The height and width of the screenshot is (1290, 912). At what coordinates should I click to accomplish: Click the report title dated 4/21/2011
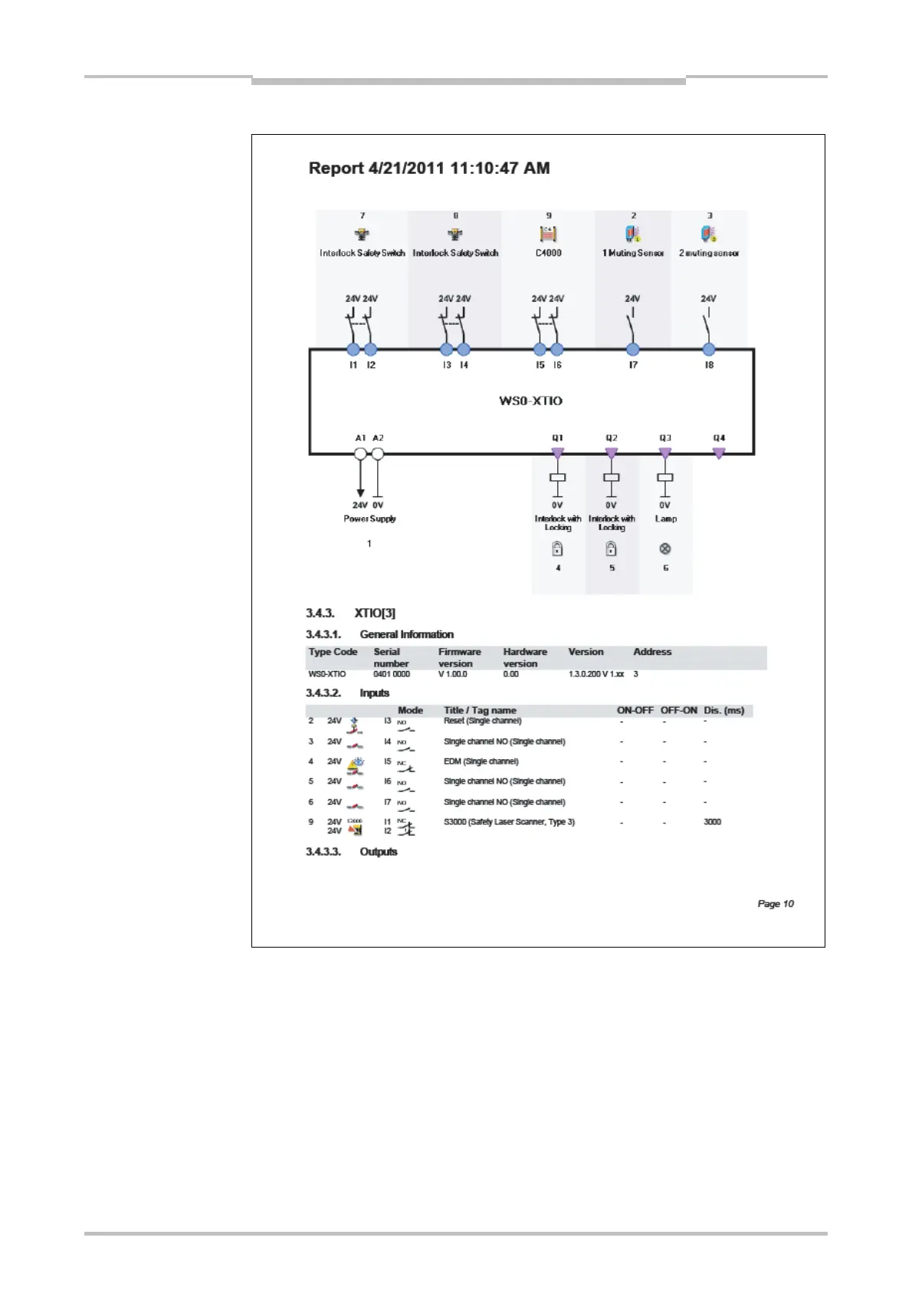coord(428,168)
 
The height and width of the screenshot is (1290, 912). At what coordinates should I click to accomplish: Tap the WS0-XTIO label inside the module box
coord(530,401)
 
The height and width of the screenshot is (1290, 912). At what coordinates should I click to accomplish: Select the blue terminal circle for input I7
coord(632,350)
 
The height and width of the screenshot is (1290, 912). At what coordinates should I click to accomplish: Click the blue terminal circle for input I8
coord(709,350)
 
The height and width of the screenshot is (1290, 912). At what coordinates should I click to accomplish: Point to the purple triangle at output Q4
coord(719,453)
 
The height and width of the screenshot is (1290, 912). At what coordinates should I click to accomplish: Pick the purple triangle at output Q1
coord(557,453)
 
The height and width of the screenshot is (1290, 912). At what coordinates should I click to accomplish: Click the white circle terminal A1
coord(360,453)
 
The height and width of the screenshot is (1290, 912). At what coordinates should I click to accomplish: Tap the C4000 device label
coord(548,253)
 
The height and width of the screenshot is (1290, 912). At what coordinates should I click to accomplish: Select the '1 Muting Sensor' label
coord(632,253)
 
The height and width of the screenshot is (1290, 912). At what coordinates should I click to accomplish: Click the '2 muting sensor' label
coord(709,253)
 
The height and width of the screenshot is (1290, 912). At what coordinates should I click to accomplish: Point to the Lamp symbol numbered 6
coord(665,548)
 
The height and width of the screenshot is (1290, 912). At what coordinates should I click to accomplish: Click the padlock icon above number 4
coord(557,548)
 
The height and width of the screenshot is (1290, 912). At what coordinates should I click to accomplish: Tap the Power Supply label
coord(369,519)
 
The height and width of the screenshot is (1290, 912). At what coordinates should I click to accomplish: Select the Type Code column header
coord(333,652)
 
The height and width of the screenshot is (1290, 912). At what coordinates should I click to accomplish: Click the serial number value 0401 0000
coord(392,674)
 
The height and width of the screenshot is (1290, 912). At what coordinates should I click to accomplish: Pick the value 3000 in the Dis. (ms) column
coord(712,822)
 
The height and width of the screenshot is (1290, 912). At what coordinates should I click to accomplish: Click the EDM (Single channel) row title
coord(481,761)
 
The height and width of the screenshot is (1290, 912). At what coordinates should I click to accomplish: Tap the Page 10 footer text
coord(776,904)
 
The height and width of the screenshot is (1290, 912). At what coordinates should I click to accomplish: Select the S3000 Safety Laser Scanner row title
coord(509,822)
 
